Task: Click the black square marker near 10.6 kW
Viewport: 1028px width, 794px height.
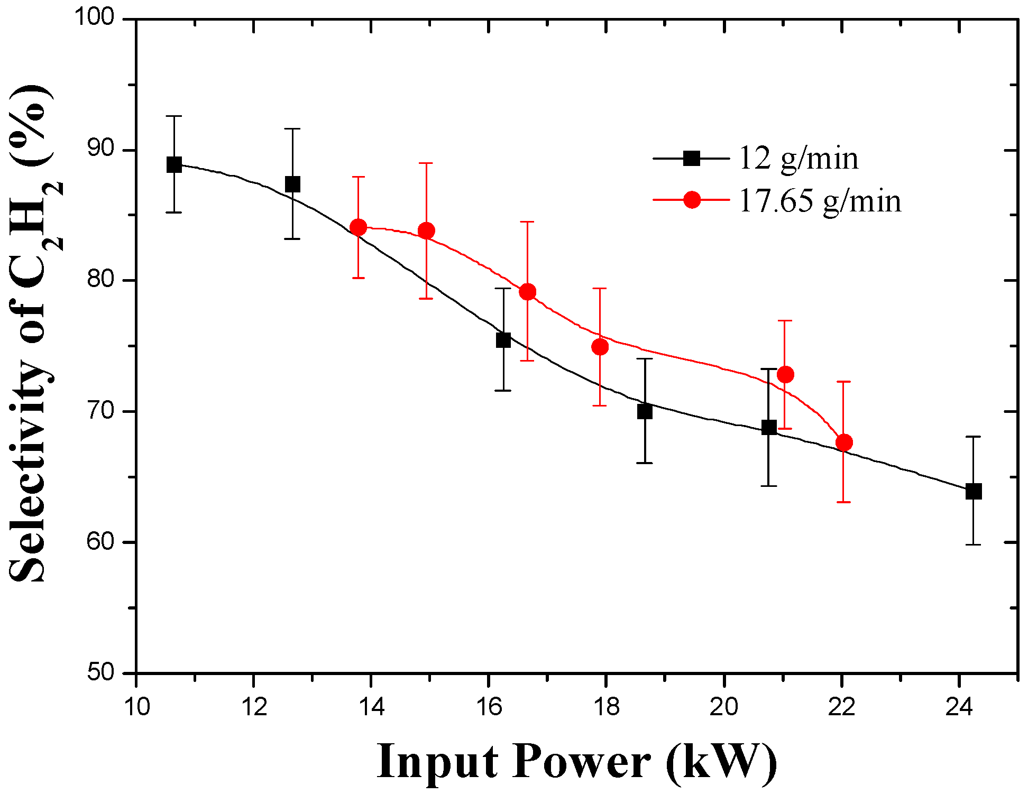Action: pyautogui.click(x=174, y=164)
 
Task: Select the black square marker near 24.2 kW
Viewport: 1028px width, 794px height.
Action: pyautogui.click(x=974, y=491)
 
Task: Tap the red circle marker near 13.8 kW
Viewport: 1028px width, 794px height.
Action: pyautogui.click(x=359, y=227)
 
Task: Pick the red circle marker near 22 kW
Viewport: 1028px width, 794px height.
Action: pyautogui.click(x=844, y=442)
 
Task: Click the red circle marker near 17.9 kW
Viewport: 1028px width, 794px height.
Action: pyautogui.click(x=600, y=347)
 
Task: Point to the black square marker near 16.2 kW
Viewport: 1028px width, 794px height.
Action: pyautogui.click(x=503, y=340)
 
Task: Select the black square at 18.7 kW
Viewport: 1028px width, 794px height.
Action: pyautogui.click(x=645, y=411)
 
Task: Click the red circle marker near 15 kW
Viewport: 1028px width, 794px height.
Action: pyautogui.click(x=426, y=230)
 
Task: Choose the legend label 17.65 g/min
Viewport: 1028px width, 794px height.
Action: pyautogui.click(x=820, y=201)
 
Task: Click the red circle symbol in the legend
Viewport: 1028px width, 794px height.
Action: pyautogui.click(x=692, y=200)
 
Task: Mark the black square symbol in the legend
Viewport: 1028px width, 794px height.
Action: pyautogui.click(x=692, y=158)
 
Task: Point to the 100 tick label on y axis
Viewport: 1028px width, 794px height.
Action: pyautogui.click(x=94, y=17)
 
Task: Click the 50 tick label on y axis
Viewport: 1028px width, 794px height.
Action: pyautogui.click(x=100, y=672)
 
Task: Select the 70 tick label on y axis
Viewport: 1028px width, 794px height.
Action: pyautogui.click(x=100, y=411)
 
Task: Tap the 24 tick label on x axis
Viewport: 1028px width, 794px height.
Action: pyautogui.click(x=959, y=707)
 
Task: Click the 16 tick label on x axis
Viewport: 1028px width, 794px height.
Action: pyautogui.click(x=489, y=707)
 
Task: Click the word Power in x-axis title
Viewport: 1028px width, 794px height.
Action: pyautogui.click(x=581, y=762)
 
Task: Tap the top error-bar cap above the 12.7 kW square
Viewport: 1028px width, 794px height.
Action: pyautogui.click(x=292, y=128)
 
